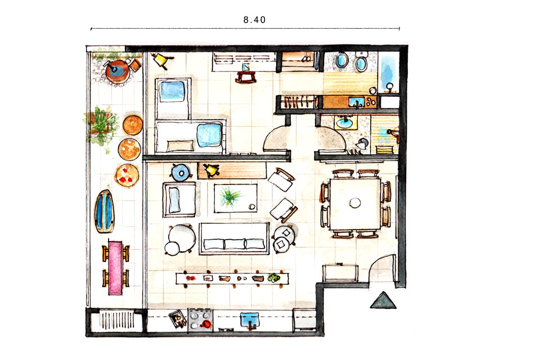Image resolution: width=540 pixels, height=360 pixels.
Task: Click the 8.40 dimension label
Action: tap(254, 20)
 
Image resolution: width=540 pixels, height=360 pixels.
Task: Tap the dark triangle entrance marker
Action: tap(383, 301)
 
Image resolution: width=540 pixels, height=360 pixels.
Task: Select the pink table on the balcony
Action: tap(115, 268)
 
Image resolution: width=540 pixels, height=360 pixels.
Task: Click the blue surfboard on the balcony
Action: tap(105, 211)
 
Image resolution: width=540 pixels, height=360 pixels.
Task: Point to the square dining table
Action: tap(355, 203)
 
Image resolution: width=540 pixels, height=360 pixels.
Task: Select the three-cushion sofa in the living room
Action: tap(234, 238)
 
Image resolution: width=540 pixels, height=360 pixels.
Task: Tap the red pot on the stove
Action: tap(206, 324)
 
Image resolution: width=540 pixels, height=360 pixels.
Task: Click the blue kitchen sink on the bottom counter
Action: tap(250, 321)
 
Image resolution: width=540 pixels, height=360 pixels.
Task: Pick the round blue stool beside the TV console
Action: tap(181, 172)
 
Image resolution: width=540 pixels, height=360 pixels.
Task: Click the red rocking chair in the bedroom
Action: tap(246, 77)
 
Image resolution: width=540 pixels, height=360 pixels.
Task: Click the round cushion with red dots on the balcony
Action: tap(127, 175)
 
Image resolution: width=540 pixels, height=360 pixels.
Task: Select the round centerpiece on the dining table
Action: tap(355, 202)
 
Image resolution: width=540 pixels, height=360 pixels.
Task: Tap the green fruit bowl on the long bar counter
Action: tap(274, 278)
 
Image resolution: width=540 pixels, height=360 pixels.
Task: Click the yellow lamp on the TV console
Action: tap(211, 170)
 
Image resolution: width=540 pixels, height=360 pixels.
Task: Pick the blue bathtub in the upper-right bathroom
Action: tap(389, 73)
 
